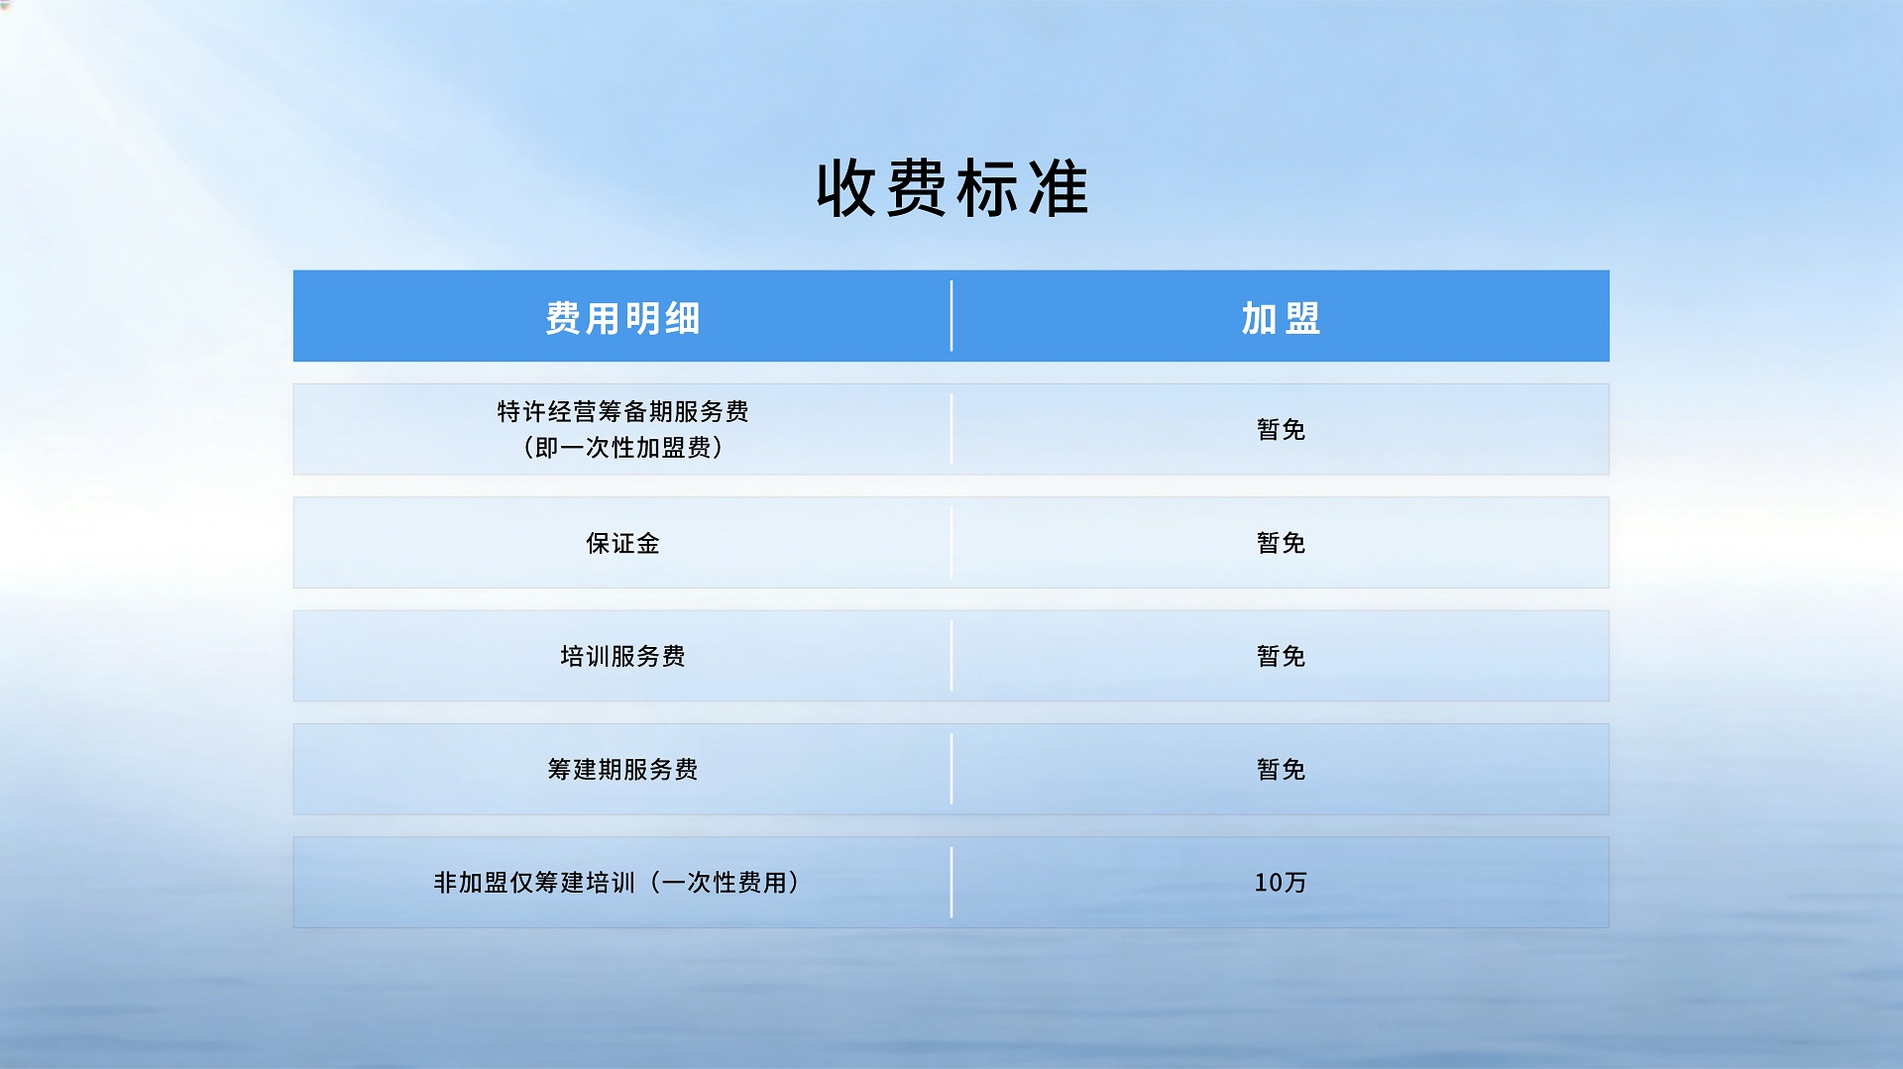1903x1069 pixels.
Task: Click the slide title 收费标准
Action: click(x=951, y=188)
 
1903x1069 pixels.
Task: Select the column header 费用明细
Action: click(x=622, y=318)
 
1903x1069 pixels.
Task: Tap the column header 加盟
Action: click(x=1281, y=318)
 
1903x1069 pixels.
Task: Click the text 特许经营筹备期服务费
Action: click(x=622, y=411)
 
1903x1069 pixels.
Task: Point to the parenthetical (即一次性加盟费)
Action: click(x=622, y=448)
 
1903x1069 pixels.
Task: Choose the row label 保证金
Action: click(x=622, y=543)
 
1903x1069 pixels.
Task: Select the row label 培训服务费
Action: click(x=622, y=656)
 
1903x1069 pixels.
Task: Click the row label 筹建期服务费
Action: click(x=622, y=769)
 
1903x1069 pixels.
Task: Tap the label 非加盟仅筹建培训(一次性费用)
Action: click(x=616, y=882)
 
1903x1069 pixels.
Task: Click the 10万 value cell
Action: click(x=1281, y=882)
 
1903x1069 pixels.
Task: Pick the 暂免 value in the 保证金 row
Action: click(x=1281, y=543)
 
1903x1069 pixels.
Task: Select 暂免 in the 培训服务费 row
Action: click(x=1281, y=656)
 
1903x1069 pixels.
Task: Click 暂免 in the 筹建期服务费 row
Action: click(x=1281, y=769)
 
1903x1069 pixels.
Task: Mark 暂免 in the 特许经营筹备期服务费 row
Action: click(x=1281, y=429)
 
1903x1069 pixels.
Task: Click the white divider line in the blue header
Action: click(x=951, y=316)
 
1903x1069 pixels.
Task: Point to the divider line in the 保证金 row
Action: click(x=951, y=543)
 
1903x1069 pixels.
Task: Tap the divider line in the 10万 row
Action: click(x=951, y=882)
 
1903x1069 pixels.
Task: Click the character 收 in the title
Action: click(x=846, y=188)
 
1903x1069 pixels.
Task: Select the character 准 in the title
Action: click(x=1059, y=188)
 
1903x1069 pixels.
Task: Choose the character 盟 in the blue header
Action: click(x=1302, y=318)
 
